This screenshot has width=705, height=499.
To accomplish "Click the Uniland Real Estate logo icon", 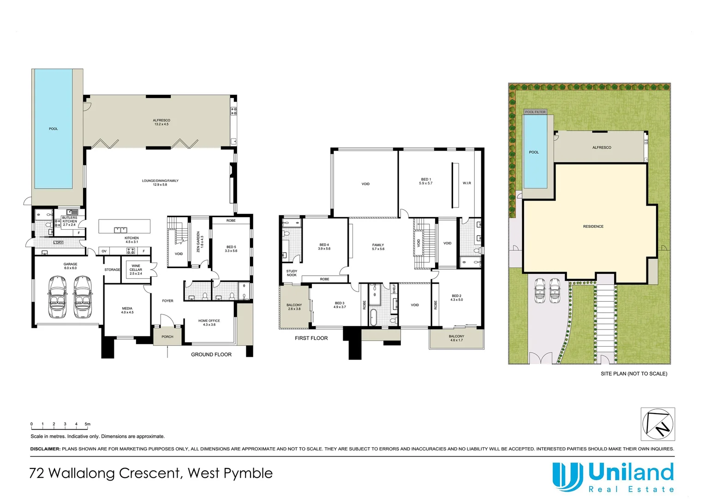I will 567,477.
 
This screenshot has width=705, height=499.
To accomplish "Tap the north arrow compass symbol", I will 657,424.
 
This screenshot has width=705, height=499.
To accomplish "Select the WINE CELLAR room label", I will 136,270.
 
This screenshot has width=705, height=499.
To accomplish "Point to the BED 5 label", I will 231,249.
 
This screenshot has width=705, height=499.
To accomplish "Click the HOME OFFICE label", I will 209,323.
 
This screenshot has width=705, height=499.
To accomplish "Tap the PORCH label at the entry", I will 167,337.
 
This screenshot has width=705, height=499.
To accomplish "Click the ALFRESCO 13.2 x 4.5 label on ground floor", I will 161,122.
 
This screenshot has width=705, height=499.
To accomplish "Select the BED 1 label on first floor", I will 425,181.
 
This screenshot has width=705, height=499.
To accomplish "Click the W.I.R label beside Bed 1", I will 467,183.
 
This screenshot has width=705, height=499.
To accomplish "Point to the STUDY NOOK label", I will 292,273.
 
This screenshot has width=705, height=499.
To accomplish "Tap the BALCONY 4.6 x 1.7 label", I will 456,338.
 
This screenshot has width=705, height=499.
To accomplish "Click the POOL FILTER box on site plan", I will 535,112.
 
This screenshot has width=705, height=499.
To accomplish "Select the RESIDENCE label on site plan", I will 593,226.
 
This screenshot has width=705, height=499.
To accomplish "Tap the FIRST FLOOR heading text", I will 311,338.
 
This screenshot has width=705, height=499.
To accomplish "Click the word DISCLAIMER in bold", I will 45,449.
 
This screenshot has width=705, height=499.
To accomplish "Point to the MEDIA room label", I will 127,310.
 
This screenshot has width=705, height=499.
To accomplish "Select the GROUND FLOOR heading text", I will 211,354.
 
